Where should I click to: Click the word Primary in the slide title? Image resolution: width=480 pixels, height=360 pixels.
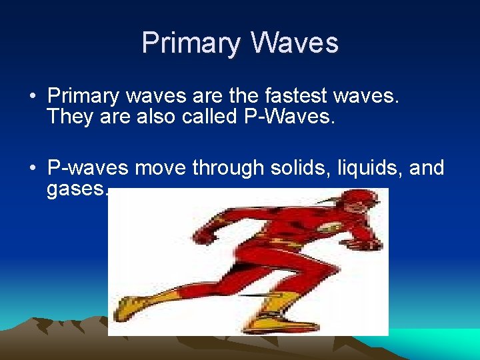[191, 43]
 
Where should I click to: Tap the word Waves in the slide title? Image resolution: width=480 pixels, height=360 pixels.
[295, 43]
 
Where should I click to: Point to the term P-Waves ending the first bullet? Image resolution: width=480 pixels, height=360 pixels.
[299, 117]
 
